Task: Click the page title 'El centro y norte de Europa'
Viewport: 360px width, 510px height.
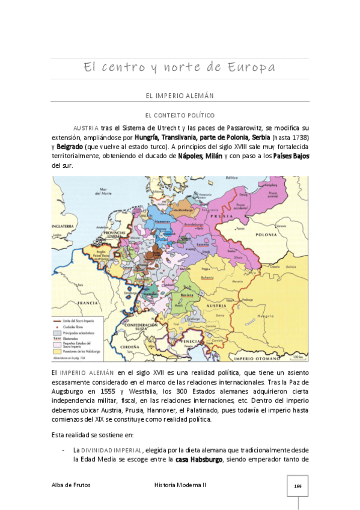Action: [x=180, y=67]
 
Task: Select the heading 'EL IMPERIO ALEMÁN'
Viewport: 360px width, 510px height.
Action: [x=180, y=96]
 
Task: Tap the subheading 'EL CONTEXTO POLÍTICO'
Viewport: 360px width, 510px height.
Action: [x=180, y=115]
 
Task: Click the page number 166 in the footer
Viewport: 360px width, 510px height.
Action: [x=297, y=485]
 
